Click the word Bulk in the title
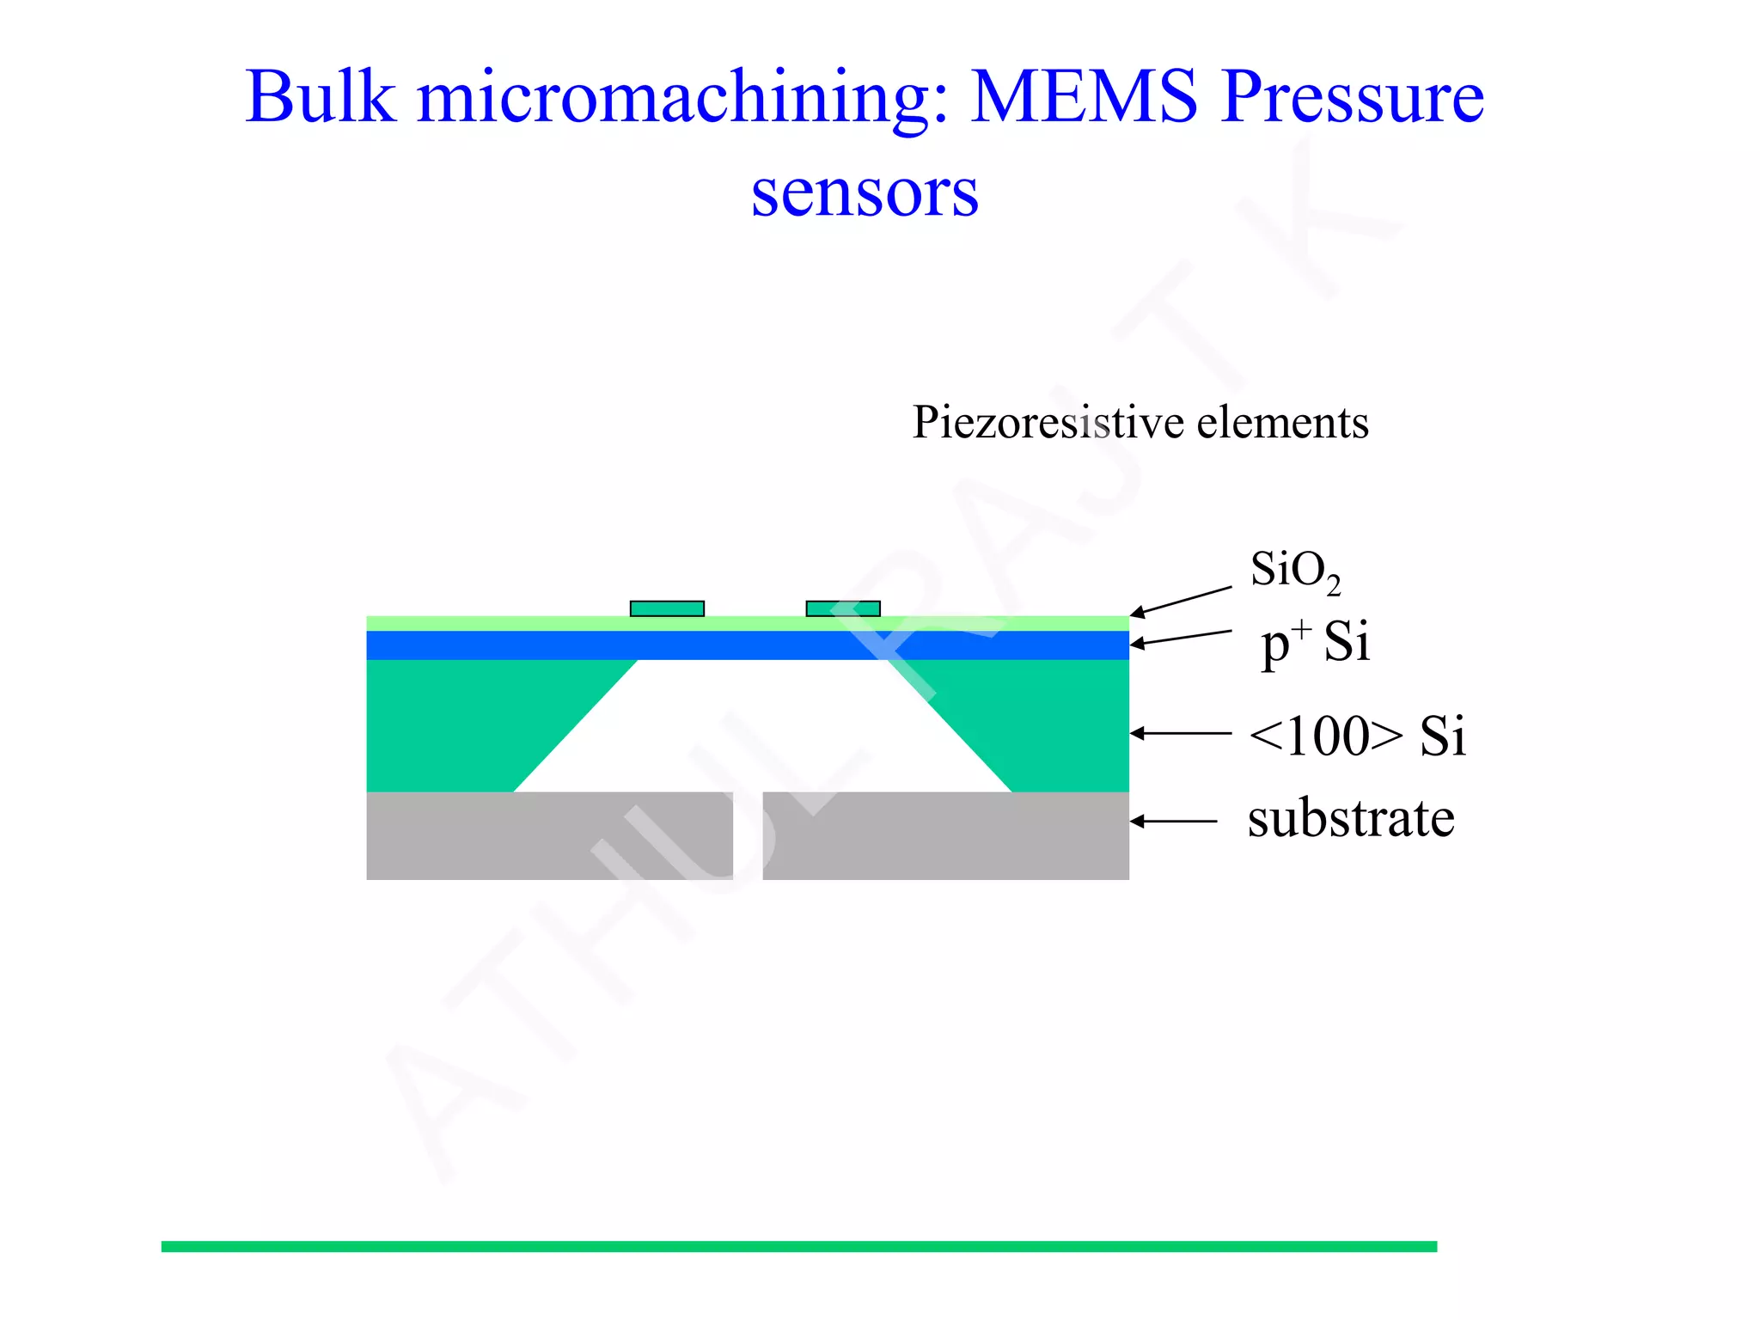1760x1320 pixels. [x=320, y=96]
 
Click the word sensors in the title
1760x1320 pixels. [x=865, y=192]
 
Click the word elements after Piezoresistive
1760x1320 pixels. [x=1282, y=423]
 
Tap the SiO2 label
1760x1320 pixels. [x=1294, y=571]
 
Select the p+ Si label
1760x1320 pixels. [x=1314, y=643]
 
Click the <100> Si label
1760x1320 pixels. [x=1357, y=736]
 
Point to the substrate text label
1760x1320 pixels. [x=1351, y=818]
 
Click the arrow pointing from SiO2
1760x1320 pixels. [x=1181, y=601]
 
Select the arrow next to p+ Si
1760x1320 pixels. [x=1181, y=638]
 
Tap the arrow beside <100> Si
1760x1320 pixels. [x=1181, y=733]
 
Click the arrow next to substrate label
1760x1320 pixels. [x=1174, y=822]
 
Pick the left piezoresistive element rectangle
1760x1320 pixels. [x=667, y=608]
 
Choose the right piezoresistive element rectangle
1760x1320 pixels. [x=843, y=608]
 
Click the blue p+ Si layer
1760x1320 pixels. [x=748, y=645]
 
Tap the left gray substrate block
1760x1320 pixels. [x=549, y=835]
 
